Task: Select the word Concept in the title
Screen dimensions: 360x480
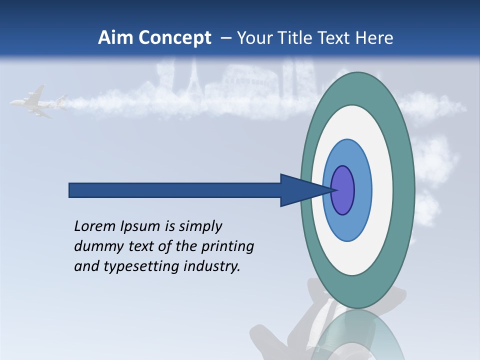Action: [175, 38]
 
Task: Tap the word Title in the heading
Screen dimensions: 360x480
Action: [297, 38]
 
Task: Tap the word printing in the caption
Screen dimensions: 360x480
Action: [227, 246]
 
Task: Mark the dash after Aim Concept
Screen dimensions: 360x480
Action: [226, 38]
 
